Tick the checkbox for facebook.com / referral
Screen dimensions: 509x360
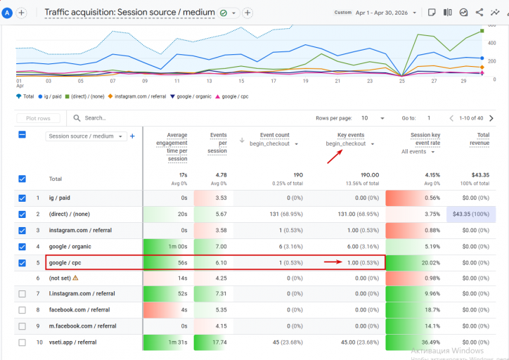[22, 310]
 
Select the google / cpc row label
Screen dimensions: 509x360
[65, 262]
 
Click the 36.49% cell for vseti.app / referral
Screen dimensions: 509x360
[431, 342]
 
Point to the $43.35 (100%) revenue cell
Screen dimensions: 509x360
[471, 214]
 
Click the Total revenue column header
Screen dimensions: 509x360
[479, 139]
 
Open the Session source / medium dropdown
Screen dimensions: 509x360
[86, 136]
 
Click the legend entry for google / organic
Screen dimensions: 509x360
[191, 96]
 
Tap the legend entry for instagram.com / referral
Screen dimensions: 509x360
[137, 96]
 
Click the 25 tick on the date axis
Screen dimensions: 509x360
[402, 81]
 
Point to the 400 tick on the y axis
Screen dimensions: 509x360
[492, 43]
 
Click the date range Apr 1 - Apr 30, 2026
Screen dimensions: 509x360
[382, 13]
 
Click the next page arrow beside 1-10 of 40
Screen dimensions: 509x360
[491, 118]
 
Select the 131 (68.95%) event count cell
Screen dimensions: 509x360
[286, 214]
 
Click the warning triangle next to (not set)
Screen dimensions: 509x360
[75, 278]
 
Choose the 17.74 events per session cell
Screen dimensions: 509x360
[219, 342]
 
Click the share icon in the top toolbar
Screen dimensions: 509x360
[479, 13]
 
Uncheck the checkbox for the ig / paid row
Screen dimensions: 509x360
[22, 198]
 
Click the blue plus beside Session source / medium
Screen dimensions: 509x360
[132, 136]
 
